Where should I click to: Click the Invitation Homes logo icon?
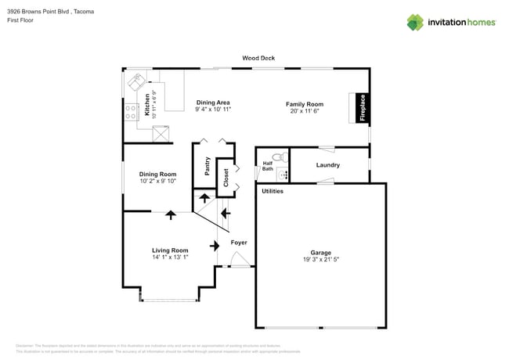(416, 22)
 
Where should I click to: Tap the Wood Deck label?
(258, 58)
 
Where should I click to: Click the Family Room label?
(305, 104)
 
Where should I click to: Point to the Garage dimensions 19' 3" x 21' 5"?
(320, 260)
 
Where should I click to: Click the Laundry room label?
(327, 165)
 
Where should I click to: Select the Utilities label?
(273, 191)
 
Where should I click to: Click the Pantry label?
(208, 165)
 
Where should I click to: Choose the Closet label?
(226, 177)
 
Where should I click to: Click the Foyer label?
(239, 243)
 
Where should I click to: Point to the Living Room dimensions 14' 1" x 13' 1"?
(170, 257)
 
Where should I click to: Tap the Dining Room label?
(157, 175)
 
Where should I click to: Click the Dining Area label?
(213, 103)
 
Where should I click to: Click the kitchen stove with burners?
(130, 110)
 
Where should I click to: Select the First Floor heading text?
(21, 20)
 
